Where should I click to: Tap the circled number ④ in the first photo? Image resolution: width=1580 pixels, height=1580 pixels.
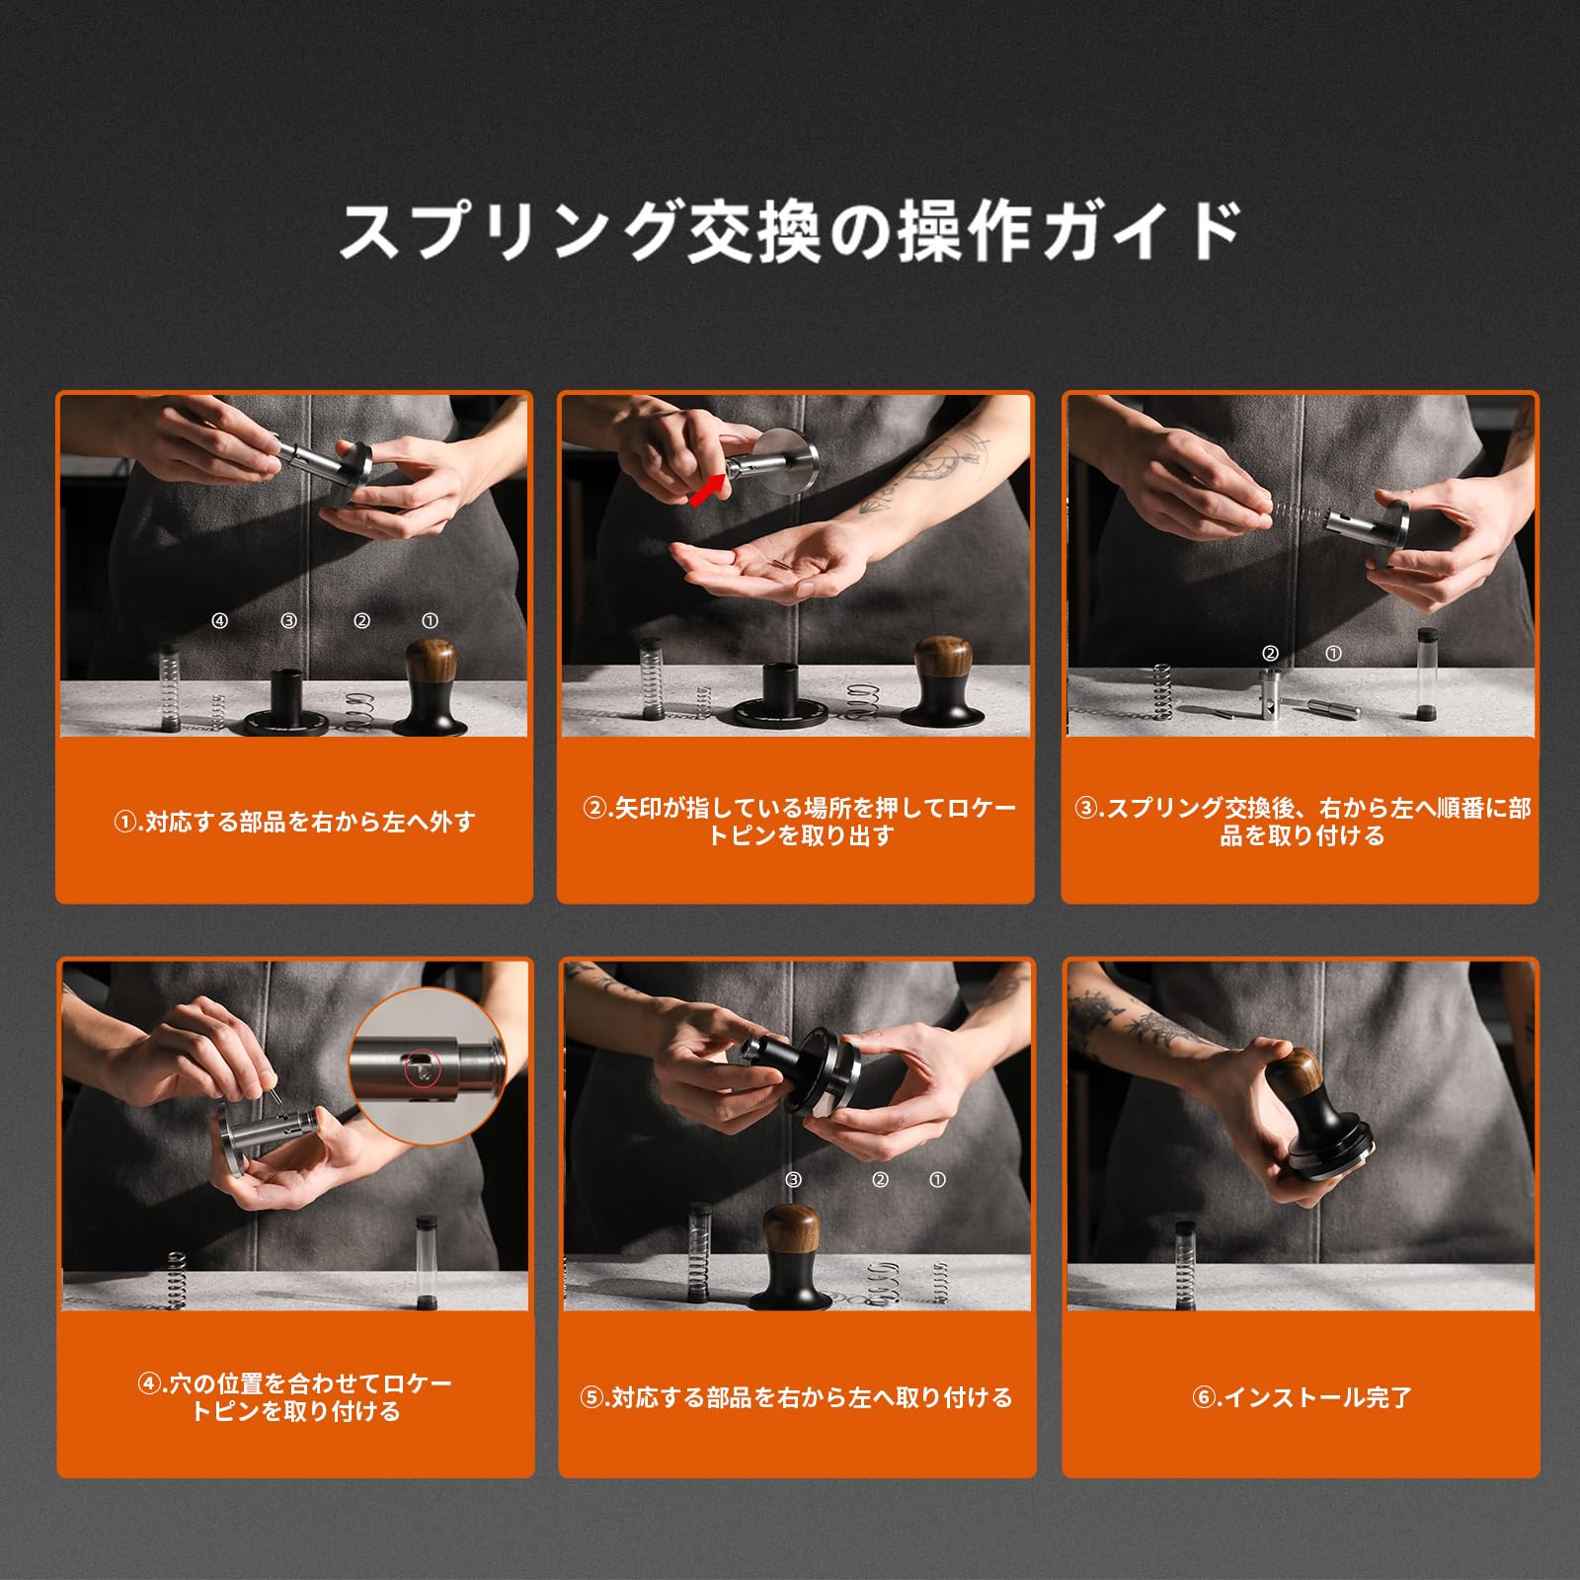219,621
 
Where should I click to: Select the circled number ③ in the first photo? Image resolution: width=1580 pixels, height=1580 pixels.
288,621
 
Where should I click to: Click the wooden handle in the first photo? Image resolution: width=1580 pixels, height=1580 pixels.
431,668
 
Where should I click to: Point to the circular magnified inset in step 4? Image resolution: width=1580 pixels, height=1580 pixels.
427,1066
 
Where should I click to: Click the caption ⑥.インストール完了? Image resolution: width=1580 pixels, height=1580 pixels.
1302,1397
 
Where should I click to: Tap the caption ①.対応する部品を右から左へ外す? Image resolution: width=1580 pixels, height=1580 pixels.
294,822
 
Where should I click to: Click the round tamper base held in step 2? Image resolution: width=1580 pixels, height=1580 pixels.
791,464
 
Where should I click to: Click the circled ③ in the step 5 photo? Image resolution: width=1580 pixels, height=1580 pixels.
794,1179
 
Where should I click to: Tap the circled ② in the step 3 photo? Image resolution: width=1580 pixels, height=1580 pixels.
1270,653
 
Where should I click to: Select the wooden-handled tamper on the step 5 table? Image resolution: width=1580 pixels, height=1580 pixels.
796,1257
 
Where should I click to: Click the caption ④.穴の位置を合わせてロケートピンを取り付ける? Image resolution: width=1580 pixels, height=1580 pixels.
294,1397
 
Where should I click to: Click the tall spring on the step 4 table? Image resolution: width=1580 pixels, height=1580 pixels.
177,1280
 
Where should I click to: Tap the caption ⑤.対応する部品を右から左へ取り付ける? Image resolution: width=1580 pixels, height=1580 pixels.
796,1397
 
